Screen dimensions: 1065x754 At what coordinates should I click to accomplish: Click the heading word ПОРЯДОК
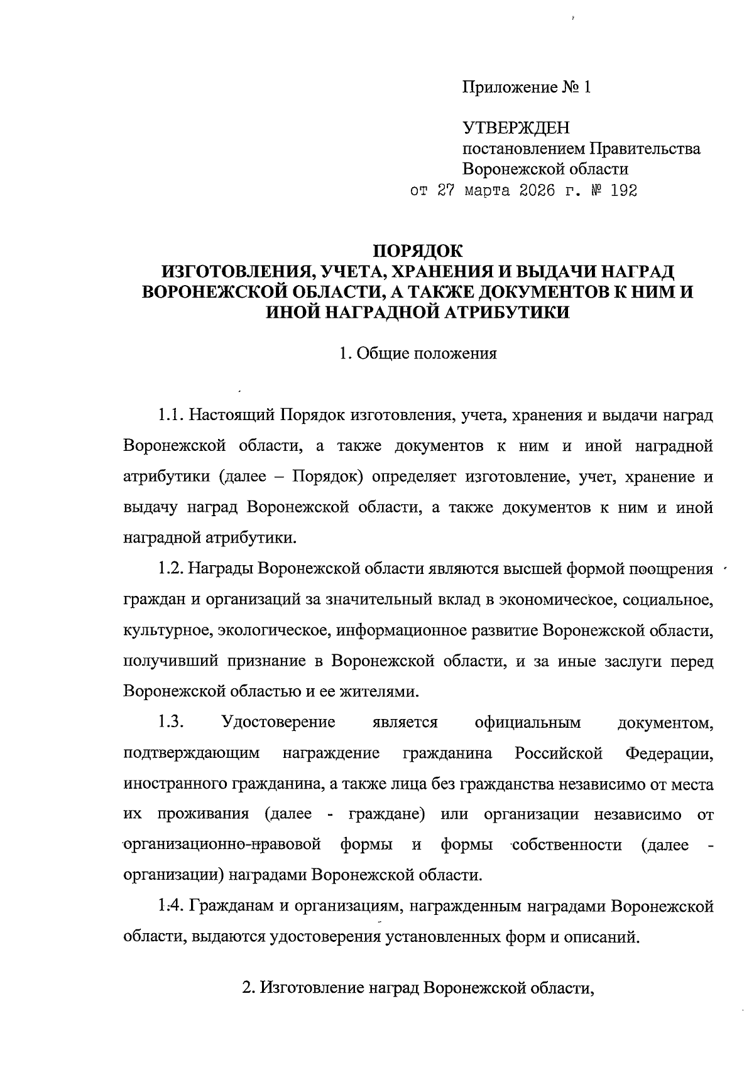tap(418, 251)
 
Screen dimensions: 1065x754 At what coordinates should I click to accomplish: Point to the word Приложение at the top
tap(508, 87)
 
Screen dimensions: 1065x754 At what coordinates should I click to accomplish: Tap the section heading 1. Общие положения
tap(418, 354)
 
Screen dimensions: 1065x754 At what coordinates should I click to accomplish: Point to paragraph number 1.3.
tap(170, 722)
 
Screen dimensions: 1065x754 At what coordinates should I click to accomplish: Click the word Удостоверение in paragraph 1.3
tap(279, 722)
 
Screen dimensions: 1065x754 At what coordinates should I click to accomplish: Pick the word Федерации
tap(669, 753)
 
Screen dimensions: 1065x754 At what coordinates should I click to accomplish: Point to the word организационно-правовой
tap(223, 845)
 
